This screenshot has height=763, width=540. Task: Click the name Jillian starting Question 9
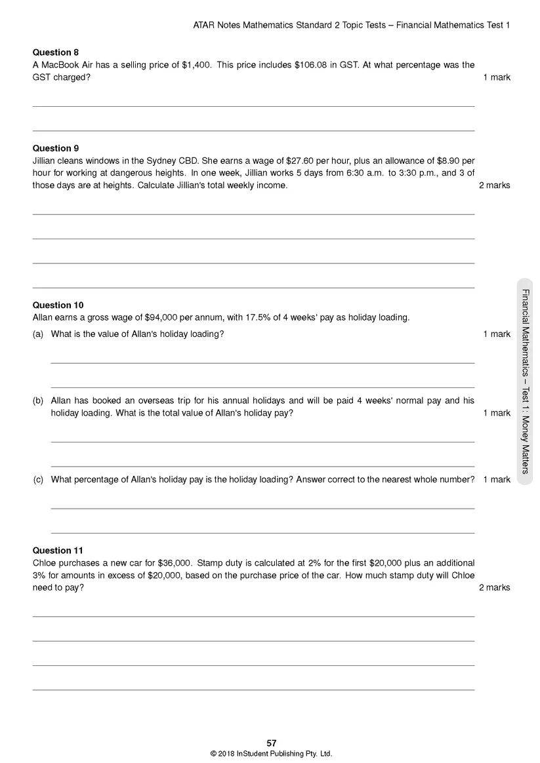[x=46, y=161]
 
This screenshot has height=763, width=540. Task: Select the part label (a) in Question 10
[x=38, y=334]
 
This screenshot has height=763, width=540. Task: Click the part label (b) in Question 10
[x=38, y=401]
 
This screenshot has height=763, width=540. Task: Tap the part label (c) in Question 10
[x=38, y=480]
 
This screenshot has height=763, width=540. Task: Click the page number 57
[x=271, y=743]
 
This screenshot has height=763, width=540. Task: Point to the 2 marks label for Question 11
[x=494, y=588]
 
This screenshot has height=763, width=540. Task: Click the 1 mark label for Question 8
[x=496, y=77]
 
